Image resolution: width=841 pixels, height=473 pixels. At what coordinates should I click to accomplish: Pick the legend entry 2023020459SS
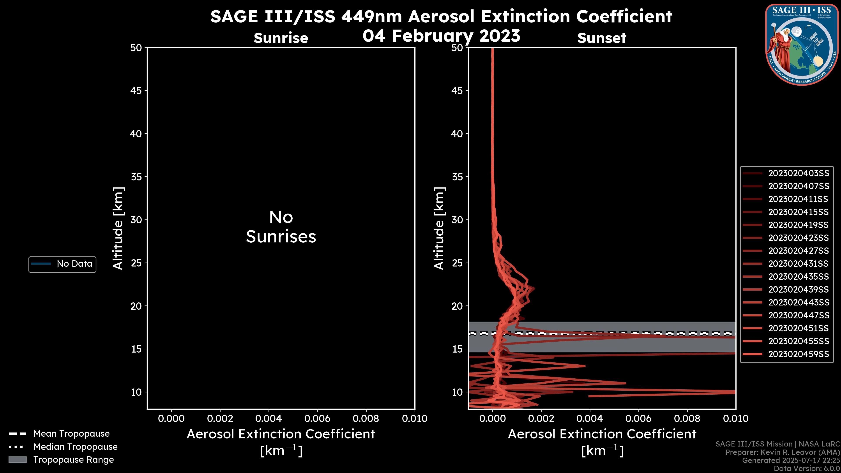click(798, 354)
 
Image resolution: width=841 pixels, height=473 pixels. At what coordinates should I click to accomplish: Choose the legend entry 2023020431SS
click(798, 264)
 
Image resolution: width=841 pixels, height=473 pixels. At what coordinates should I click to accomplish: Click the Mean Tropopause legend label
click(71, 434)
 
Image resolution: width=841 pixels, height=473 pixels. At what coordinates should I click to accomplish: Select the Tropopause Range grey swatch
click(17, 460)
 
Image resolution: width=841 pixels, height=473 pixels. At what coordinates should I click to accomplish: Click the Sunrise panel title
click(281, 38)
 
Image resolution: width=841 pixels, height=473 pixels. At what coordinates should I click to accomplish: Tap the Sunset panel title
click(602, 38)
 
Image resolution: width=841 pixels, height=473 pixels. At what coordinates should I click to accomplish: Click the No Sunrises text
click(281, 227)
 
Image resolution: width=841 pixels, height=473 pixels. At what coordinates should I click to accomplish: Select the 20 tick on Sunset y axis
click(457, 306)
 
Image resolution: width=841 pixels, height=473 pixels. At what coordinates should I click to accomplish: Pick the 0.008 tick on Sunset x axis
click(687, 418)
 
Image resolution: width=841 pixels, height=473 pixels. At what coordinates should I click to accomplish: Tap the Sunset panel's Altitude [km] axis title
click(439, 228)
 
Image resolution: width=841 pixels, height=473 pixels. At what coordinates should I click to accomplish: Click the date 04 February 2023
click(441, 36)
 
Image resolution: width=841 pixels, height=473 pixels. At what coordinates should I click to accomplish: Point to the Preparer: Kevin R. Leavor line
click(782, 452)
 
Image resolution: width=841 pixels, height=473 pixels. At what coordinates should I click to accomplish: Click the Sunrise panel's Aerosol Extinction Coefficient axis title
click(281, 434)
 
